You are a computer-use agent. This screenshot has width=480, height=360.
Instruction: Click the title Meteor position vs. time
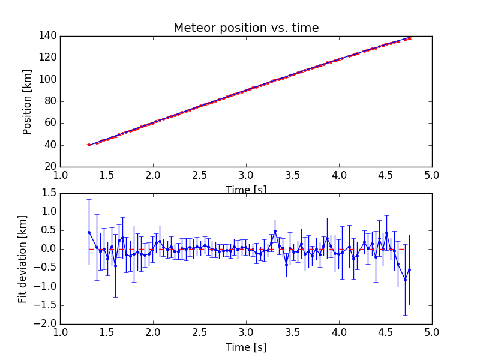tap(246, 28)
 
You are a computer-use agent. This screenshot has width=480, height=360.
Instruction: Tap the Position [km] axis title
tap(28, 101)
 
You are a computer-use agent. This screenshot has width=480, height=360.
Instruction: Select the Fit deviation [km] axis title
tap(23, 258)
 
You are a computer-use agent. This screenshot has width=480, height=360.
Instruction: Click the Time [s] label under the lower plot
tap(246, 347)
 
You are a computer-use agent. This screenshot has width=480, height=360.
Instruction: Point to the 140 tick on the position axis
tap(49, 36)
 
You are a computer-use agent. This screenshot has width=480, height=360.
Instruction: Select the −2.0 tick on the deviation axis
tap(46, 324)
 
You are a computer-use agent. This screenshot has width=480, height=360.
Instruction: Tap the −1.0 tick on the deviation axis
tap(46, 287)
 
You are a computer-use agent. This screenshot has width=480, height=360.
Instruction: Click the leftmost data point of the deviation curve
tap(89, 232)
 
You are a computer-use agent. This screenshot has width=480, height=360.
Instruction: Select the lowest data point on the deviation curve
tap(405, 280)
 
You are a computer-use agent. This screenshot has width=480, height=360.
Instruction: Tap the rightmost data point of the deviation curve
tap(409, 269)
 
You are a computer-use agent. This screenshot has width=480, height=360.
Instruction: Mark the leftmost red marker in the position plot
tap(89, 145)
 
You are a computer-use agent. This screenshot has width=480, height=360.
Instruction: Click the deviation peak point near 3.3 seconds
tap(275, 231)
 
